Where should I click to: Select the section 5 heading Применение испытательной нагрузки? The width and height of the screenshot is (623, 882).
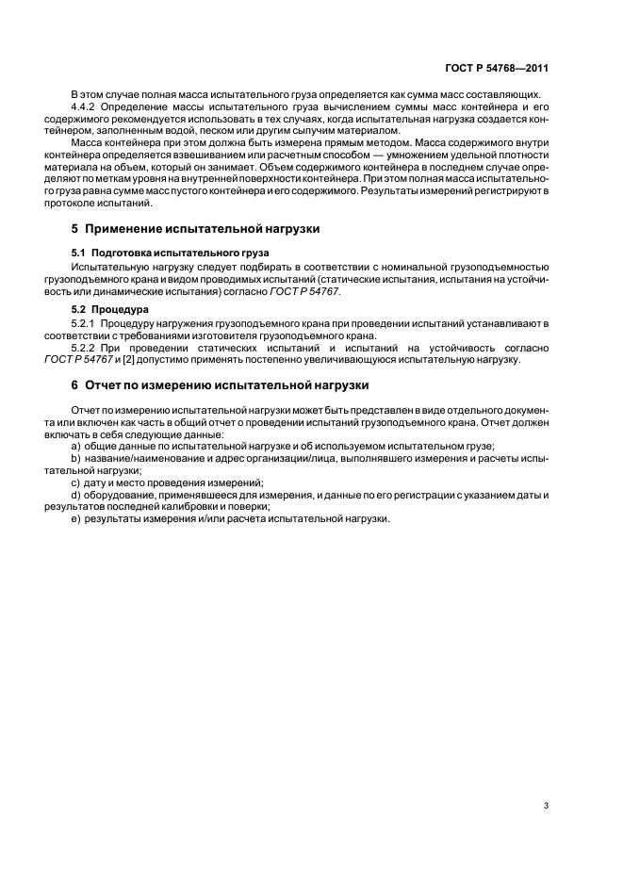pyautogui.click(x=195, y=229)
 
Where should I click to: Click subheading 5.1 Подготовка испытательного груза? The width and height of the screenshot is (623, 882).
pyautogui.click(x=170, y=253)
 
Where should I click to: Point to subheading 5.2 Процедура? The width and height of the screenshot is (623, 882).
pyautogui.click(x=111, y=309)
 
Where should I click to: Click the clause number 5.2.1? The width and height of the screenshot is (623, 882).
pyautogui.click(x=86, y=324)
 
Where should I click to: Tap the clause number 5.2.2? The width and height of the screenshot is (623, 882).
pyautogui.click(x=86, y=349)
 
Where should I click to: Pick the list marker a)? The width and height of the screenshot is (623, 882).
pyautogui.click(x=75, y=447)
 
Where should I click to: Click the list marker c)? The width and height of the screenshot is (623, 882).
pyautogui.click(x=75, y=482)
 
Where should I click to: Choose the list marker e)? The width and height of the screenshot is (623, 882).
pyautogui.click(x=75, y=518)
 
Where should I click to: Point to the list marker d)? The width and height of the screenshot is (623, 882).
pyautogui.click(x=75, y=494)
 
